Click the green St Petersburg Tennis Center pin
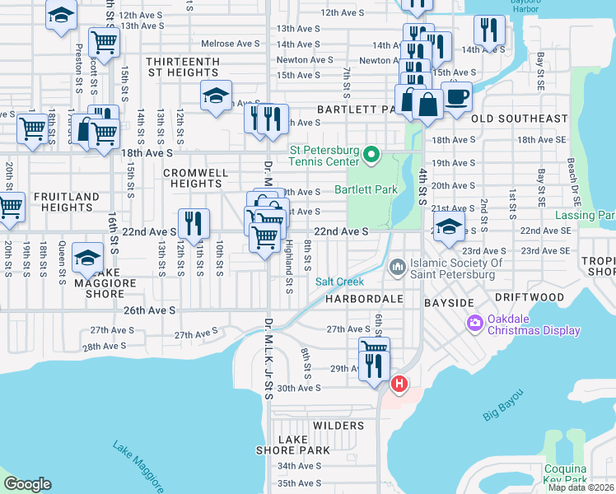click(x=371, y=154)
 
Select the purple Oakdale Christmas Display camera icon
click(x=474, y=322)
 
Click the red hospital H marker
click(x=399, y=384)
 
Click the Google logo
click(x=27, y=484)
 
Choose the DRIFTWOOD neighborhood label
click(x=529, y=297)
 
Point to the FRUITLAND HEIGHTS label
click(x=67, y=202)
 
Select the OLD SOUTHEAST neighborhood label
click(x=519, y=119)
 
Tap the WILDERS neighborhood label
click(x=338, y=426)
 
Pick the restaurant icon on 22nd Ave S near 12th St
click(x=194, y=224)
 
